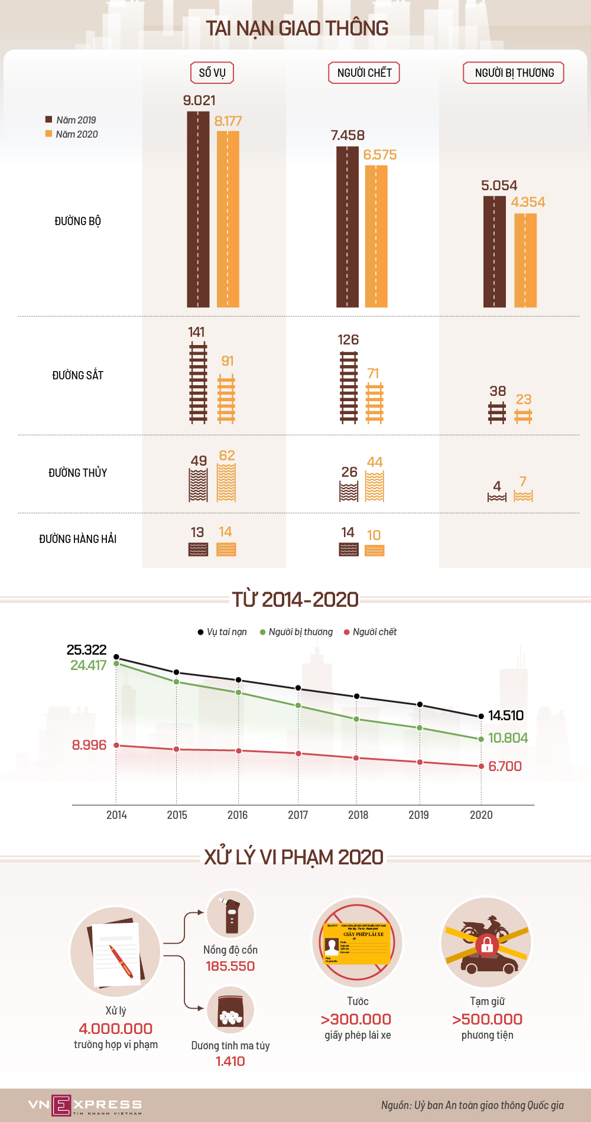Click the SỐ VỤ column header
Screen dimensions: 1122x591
click(212, 73)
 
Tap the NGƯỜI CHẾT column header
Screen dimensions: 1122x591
click(364, 73)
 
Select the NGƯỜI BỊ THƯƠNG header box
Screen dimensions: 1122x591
click(514, 73)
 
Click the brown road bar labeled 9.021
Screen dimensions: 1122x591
click(198, 209)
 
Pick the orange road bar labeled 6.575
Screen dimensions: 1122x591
click(376, 236)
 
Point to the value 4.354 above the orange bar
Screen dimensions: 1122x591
click(528, 202)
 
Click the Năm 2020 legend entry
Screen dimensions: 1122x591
click(72, 134)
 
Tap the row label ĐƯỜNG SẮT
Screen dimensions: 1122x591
click(77, 375)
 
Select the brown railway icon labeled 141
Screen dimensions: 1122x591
click(198, 382)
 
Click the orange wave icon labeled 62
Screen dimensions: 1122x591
click(226, 483)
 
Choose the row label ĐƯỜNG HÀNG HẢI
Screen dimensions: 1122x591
click(77, 539)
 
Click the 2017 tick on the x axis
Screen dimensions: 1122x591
click(298, 815)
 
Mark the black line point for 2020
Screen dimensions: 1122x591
click(481, 716)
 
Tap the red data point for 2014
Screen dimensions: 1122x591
click(116, 745)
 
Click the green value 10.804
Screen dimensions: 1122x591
click(508, 738)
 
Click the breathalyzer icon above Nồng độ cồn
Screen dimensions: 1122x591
click(230, 914)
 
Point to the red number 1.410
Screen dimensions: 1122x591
click(230, 1061)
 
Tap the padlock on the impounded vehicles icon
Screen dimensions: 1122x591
click(486, 944)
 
